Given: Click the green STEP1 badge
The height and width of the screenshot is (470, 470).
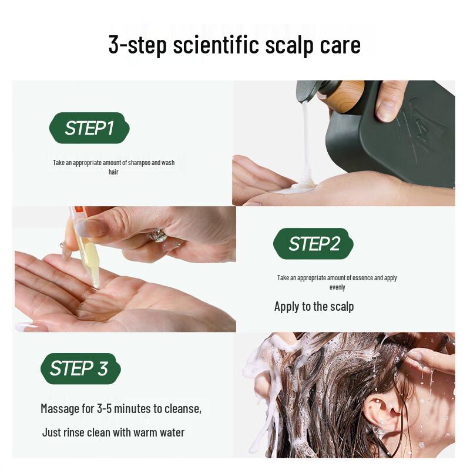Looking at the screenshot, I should click(89, 128).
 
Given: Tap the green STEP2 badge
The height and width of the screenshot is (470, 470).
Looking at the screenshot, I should click(314, 244).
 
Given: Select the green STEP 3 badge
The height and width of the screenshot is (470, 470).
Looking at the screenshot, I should click(80, 368).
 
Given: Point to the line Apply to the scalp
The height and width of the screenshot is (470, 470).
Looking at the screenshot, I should click(314, 306).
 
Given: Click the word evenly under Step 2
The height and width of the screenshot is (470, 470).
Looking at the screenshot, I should click(337, 287).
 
